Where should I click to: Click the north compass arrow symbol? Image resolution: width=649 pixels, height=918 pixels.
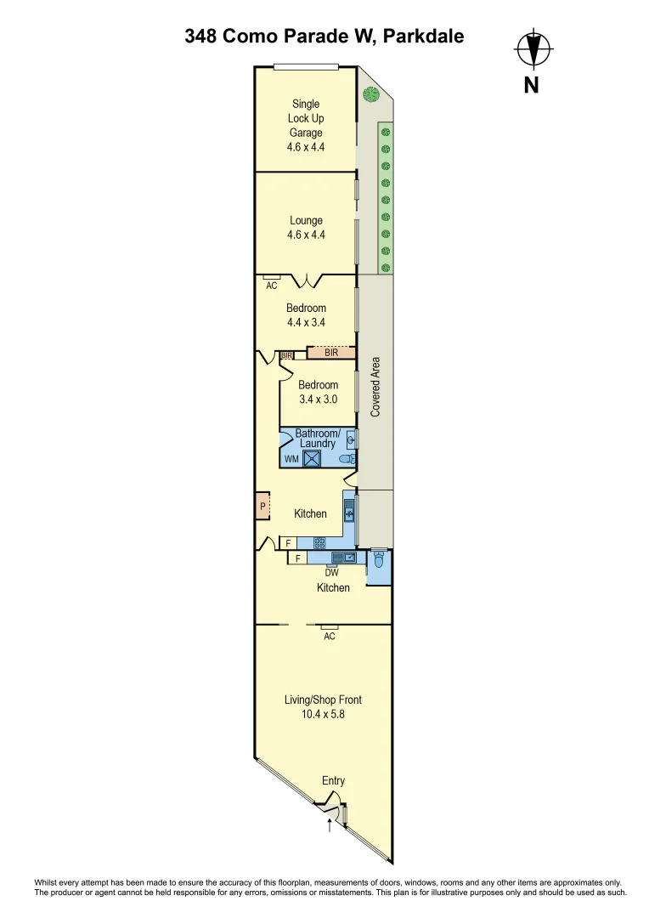pos(533,49)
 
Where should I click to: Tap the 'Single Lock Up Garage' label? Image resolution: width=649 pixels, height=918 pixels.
pos(306,118)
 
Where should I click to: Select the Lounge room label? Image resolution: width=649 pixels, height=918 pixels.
pos(306,221)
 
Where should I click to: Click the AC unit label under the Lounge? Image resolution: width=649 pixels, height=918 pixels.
pos(272,286)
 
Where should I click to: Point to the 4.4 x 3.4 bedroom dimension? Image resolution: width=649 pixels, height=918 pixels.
pos(306,323)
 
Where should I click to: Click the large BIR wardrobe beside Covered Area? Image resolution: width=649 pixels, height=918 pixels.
pos(331,352)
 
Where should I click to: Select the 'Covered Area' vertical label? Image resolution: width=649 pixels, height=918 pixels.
pos(375,387)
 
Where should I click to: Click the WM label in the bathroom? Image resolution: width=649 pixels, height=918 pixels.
pos(291,460)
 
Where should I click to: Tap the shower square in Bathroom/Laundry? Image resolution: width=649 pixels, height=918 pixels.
pos(313,459)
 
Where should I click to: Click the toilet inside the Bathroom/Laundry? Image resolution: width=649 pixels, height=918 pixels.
pos(346,459)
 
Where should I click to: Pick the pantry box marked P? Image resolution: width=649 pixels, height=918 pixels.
pos(262,507)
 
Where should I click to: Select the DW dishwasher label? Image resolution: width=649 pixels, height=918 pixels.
pos(331,573)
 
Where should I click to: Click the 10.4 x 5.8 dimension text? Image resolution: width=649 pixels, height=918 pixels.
pos(323,715)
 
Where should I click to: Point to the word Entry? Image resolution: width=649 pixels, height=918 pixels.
pos(333,780)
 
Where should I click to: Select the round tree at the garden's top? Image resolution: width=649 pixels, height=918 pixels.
pos(370,93)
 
